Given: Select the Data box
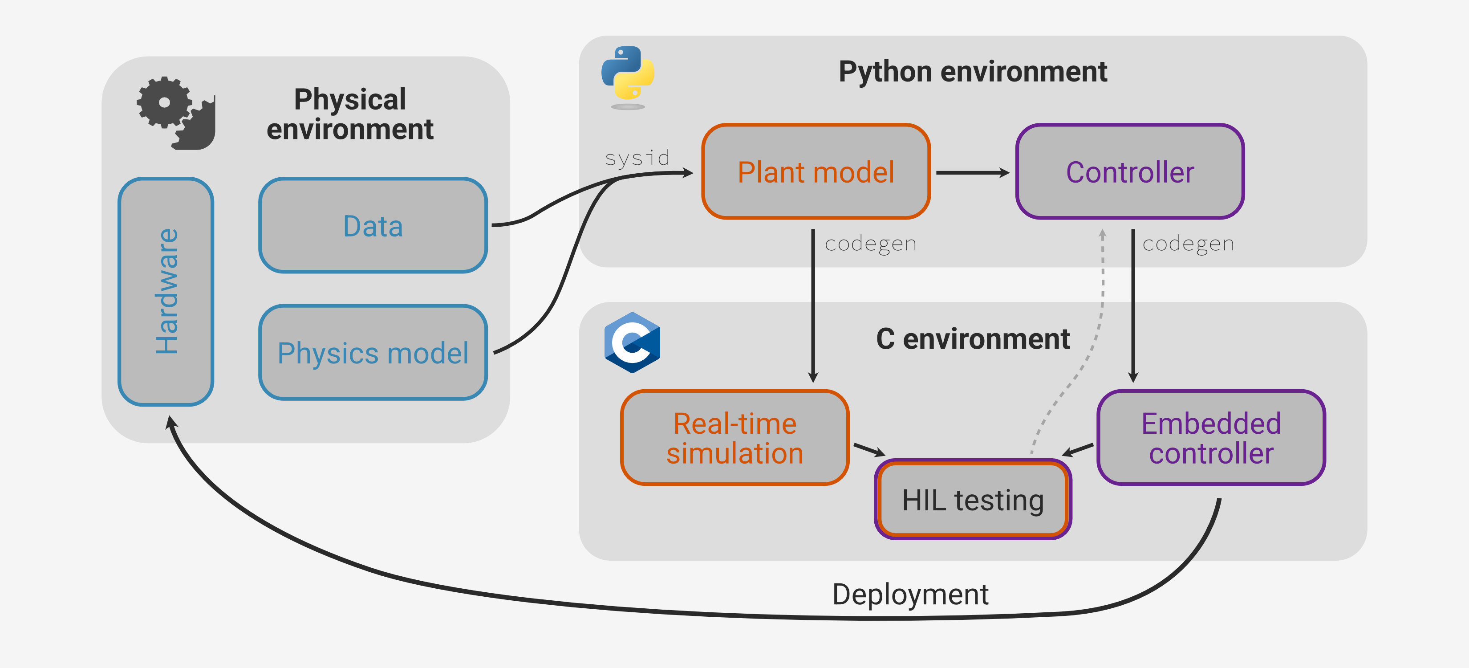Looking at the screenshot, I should coord(373,226).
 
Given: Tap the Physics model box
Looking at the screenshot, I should coord(373,353).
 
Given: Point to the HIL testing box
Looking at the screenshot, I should coord(973,500).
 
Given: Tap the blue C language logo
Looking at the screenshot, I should coord(632,342).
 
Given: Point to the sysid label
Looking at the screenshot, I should coord(637,158).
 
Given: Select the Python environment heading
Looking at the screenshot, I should coord(972,72).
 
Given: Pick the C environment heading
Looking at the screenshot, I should coord(972,339).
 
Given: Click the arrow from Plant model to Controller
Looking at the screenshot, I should coord(972,172).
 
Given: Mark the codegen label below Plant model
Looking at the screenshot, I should coord(870,244).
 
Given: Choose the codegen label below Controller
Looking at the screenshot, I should coord(1188,244).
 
